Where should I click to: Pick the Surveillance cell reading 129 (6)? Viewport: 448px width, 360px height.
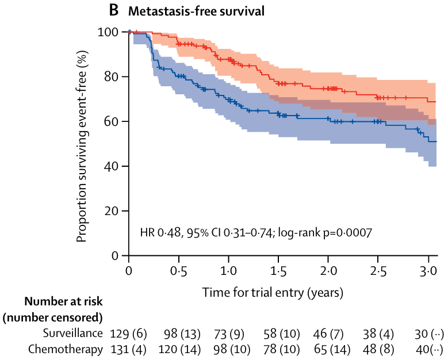tap(128, 333)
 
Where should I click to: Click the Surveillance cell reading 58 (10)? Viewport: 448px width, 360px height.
tap(278, 333)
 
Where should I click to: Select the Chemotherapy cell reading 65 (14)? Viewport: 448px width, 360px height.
tap(328, 348)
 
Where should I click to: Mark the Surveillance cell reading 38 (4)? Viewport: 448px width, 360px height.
tap(378, 333)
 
